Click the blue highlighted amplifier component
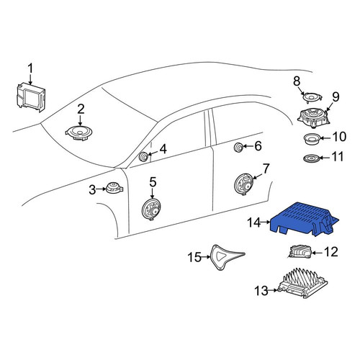tap(304, 219)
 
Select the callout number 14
tap(254, 222)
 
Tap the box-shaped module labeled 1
tap(30, 96)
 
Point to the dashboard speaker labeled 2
tap(79, 132)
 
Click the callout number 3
tap(92, 190)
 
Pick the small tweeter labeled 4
tap(144, 157)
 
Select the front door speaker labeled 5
tap(151, 209)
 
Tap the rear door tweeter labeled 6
tap(239, 147)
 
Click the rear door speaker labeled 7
tap(243, 185)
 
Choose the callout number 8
tap(297, 81)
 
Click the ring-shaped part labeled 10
tap(312, 139)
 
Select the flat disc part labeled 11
tap(312, 158)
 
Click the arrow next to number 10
tap(325, 138)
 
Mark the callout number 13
tap(261, 291)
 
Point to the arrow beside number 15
tap(206, 257)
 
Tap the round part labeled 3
tap(114, 188)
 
